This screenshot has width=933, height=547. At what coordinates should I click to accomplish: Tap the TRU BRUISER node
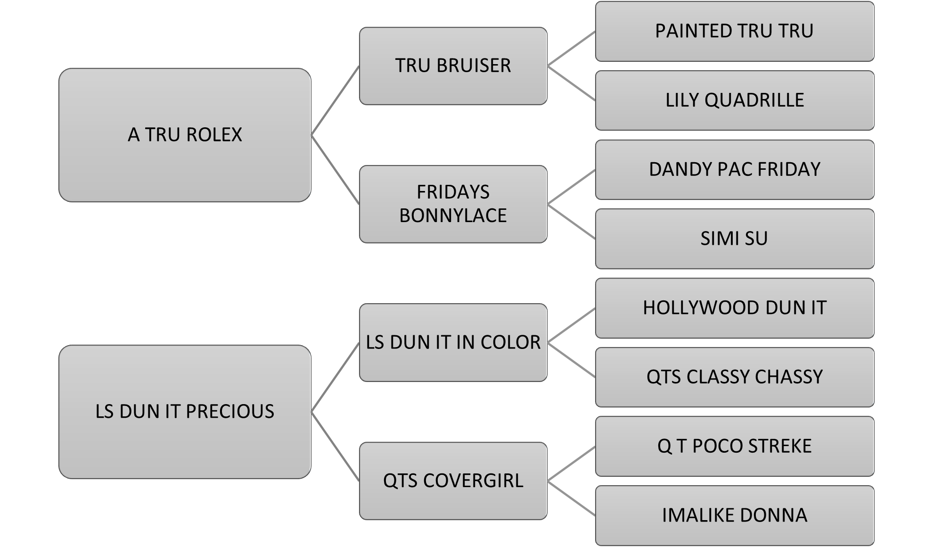[453, 66]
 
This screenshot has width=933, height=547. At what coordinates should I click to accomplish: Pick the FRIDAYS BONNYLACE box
[453, 204]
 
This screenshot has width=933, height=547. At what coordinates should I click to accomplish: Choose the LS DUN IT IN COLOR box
[453, 342]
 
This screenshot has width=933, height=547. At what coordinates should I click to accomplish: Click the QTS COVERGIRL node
[453, 481]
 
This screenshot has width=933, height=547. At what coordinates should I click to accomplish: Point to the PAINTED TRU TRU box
[734, 31]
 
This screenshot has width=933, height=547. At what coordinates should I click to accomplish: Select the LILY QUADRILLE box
[734, 100]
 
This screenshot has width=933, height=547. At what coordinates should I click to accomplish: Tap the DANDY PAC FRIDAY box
[734, 169]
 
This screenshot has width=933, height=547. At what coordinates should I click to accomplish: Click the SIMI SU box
[734, 239]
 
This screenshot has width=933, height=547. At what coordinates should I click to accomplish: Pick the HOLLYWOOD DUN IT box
[734, 308]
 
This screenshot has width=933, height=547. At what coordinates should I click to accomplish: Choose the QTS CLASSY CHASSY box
[734, 377]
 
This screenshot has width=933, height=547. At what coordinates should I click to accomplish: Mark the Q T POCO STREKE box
[734, 446]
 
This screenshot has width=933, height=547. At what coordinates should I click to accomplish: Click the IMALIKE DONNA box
[734, 515]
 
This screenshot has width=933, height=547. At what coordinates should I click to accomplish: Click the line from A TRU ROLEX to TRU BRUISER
[335, 101]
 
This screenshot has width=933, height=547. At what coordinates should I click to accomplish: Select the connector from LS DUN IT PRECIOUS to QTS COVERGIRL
[335, 447]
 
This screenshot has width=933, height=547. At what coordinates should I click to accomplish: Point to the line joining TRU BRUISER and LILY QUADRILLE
[571, 83]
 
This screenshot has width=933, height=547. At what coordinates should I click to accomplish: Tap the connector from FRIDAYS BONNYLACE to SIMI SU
[571, 222]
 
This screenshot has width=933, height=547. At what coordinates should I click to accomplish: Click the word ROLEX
[214, 135]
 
